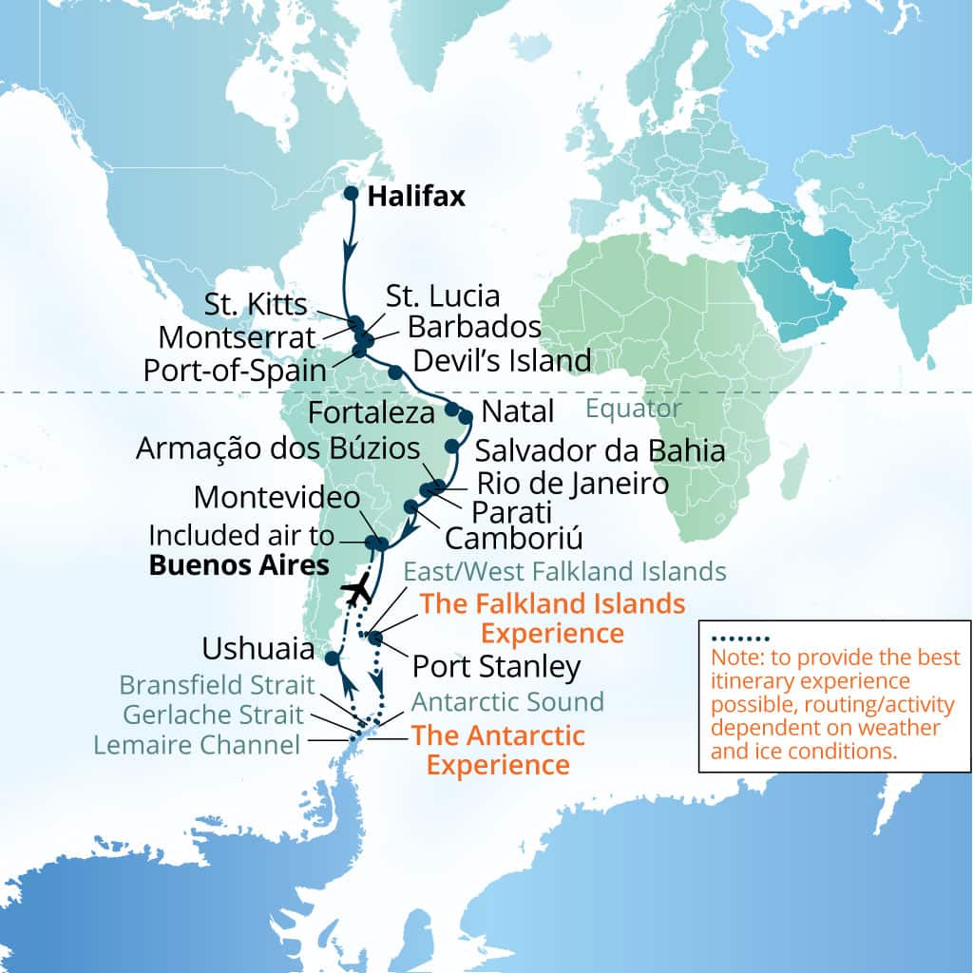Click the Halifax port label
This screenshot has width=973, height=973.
tap(416, 197)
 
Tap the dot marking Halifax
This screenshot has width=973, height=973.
tap(350, 194)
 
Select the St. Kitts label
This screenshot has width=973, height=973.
tap(256, 305)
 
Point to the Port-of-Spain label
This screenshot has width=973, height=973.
tap(236, 370)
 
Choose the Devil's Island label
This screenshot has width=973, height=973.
tap(503, 360)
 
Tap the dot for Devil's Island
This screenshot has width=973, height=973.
tap(394, 370)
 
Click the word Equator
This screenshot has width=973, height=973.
tap(634, 410)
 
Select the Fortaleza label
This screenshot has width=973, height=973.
tap(372, 413)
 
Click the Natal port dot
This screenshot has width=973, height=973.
tap(466, 416)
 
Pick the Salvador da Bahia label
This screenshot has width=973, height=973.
tap(601, 450)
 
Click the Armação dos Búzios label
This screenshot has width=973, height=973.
tap(277, 448)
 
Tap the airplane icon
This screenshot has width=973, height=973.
tap(357, 591)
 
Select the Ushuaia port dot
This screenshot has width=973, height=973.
tap(332, 658)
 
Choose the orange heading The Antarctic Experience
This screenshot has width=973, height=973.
tap(498, 750)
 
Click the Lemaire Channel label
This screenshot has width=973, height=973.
tap(197, 744)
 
